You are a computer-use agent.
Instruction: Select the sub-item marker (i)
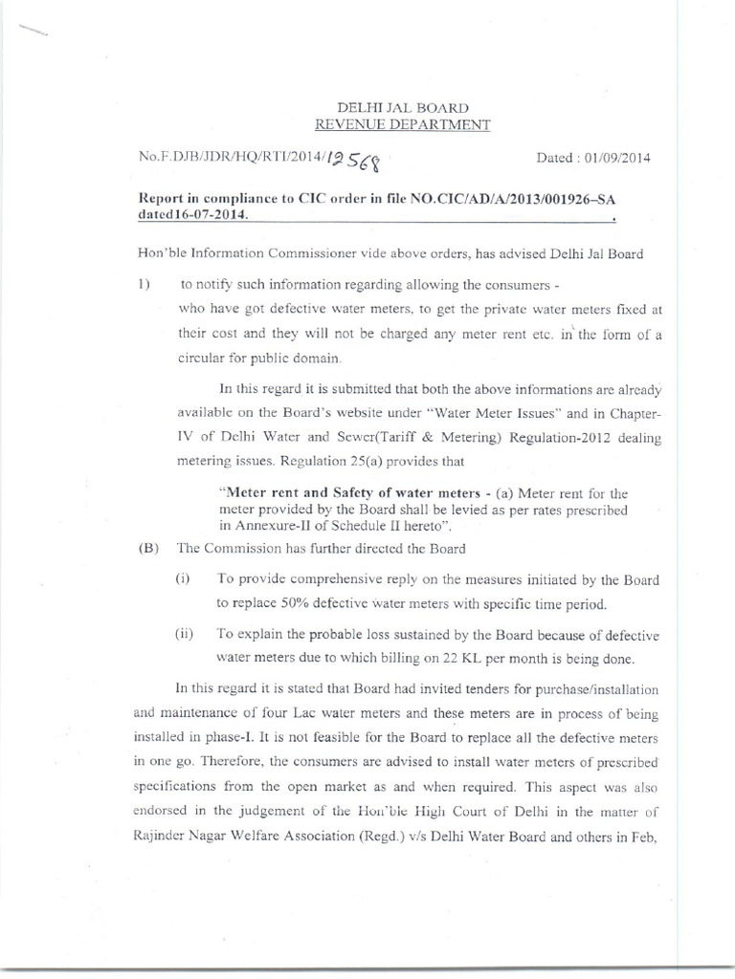(183, 579)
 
